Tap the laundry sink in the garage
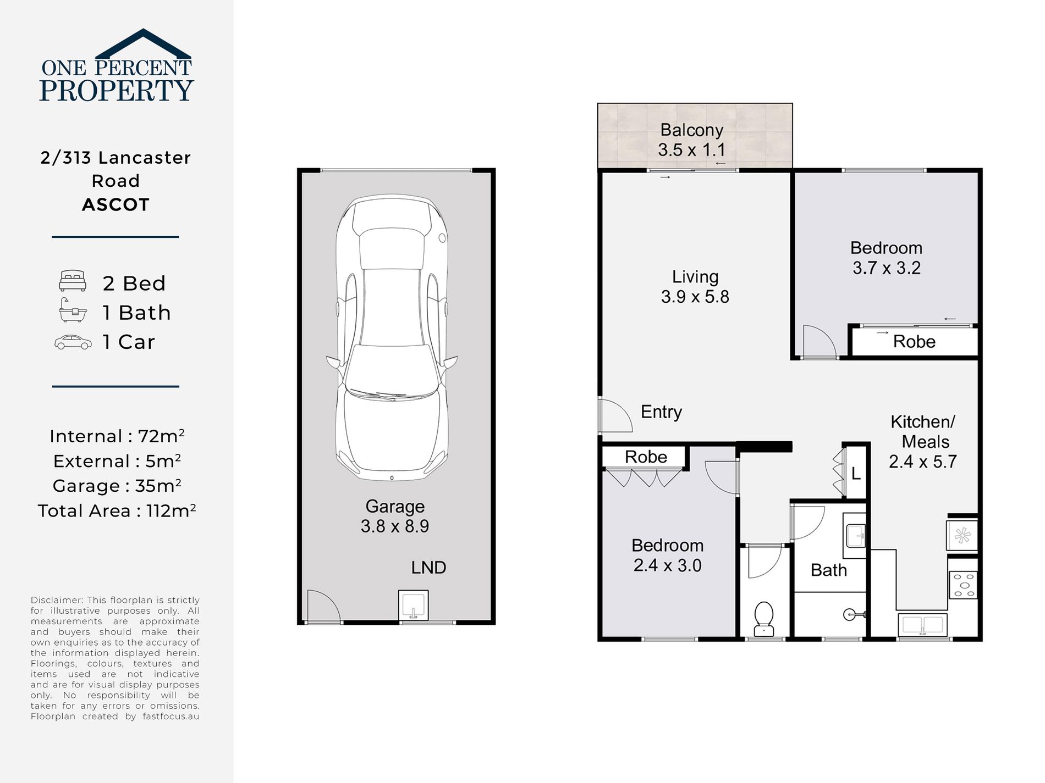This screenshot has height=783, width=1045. tap(414, 606)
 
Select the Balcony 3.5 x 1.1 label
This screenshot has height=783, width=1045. tap(691, 140)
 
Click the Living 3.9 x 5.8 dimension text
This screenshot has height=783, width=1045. tap(695, 297)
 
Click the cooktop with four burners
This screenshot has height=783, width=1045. tap(963, 585)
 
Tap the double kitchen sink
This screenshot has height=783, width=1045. tap(922, 625)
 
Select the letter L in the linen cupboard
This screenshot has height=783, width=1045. tap(856, 474)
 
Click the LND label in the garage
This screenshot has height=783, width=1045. tap(428, 568)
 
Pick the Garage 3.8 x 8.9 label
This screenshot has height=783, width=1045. tap(394, 516)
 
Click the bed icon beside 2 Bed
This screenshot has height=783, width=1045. tap(73, 281)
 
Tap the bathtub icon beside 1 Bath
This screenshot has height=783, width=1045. tap(73, 312)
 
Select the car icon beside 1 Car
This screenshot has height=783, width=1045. tap(73, 342)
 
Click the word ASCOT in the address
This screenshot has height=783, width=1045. tap(116, 205)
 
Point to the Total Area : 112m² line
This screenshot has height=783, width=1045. tap(117, 511)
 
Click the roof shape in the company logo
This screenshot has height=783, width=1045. tap(144, 44)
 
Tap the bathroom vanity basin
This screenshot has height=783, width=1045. tap(855, 535)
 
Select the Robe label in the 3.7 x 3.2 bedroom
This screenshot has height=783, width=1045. tap(914, 342)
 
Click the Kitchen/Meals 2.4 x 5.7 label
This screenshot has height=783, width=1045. tap(923, 442)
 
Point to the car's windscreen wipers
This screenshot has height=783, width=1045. tap(380, 394)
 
